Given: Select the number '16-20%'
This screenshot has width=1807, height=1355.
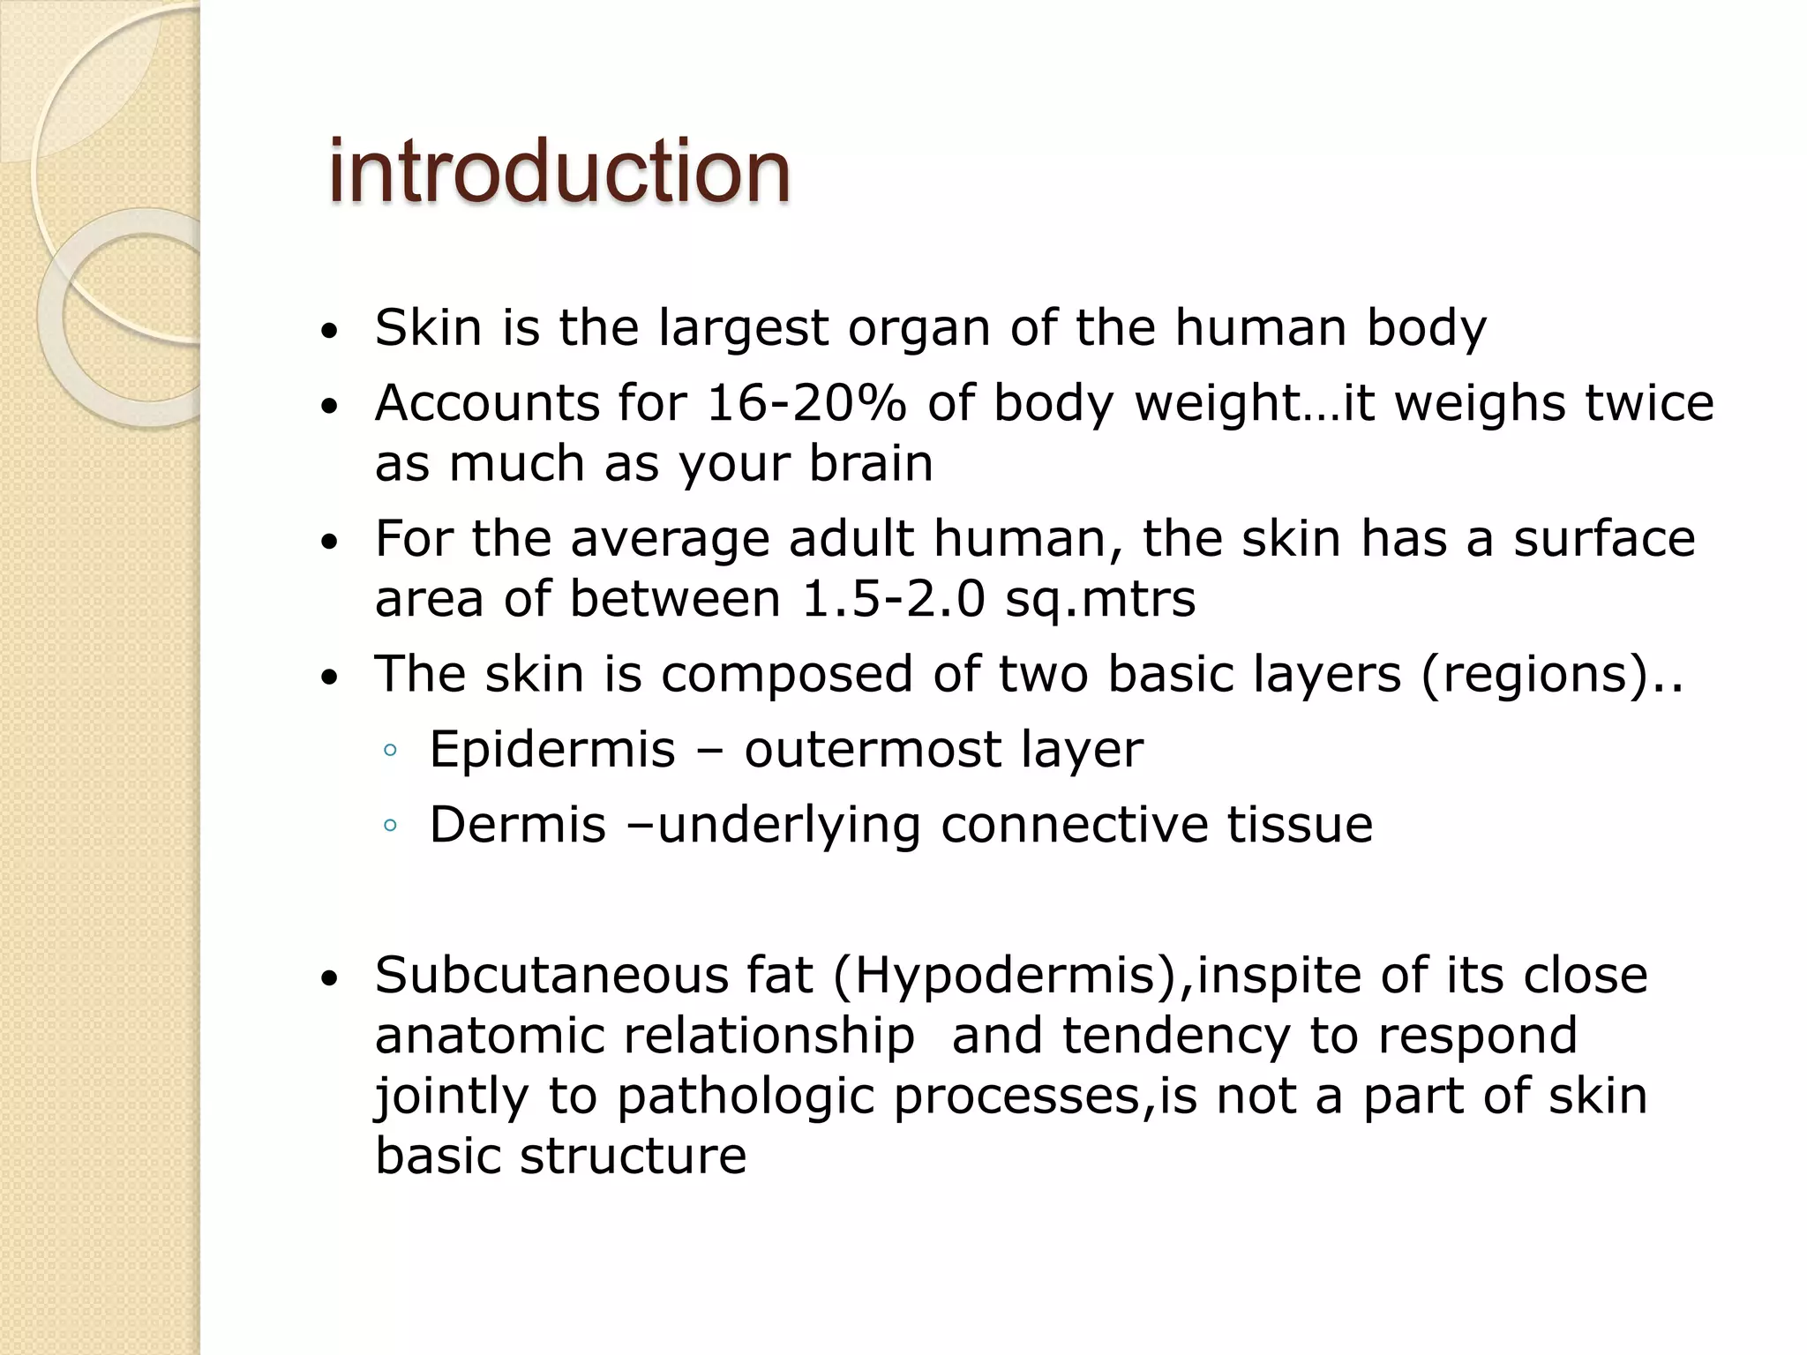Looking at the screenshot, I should click(806, 403).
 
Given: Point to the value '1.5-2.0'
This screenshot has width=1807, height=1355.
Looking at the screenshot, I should click(892, 599).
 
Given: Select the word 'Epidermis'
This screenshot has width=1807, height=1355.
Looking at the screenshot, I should click(552, 751).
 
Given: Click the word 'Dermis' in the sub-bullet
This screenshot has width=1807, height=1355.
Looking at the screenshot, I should click(518, 826).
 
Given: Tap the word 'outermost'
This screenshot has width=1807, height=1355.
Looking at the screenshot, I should click(873, 751).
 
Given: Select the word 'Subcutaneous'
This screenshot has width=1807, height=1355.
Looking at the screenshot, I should click(551, 977).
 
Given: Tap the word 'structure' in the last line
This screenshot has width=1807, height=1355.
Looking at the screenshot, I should click(633, 1156).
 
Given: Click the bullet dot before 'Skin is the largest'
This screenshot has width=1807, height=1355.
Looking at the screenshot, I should click(329, 333).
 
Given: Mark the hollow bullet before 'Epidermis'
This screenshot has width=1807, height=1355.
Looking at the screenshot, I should click(389, 752).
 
